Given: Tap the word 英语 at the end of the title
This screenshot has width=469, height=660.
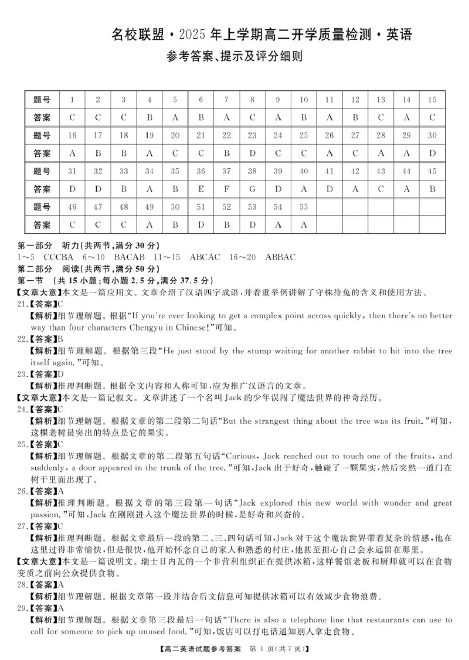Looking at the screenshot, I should (397, 35).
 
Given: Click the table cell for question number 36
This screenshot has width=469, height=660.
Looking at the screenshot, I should (200, 171).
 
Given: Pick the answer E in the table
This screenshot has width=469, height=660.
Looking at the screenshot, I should (200, 189).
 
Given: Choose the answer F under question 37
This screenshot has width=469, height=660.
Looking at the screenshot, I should (226, 189).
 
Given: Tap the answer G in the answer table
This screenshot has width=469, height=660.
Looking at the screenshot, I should (252, 189).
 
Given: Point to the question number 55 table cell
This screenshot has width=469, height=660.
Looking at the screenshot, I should (303, 207).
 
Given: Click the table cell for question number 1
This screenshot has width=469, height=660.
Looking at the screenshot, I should (72, 100).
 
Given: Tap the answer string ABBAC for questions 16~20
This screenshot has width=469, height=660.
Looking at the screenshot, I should (280, 257).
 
